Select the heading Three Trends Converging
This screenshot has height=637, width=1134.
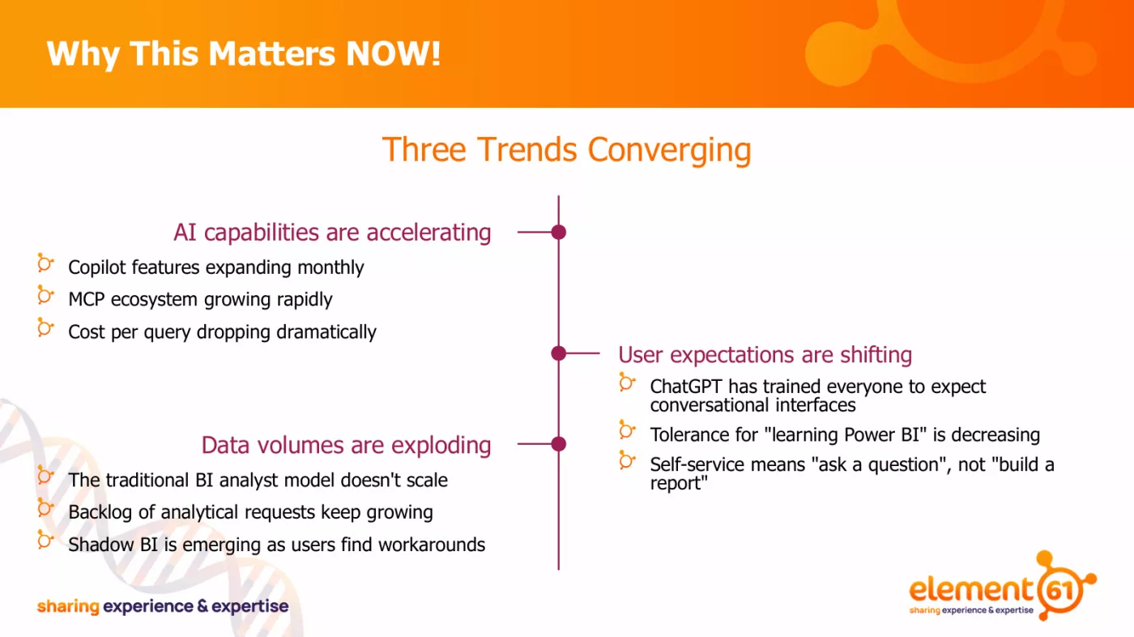(566, 151)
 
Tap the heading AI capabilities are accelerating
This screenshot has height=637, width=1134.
(332, 233)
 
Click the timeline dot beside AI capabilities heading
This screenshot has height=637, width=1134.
(558, 233)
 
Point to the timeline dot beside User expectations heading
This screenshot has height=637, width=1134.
(558, 353)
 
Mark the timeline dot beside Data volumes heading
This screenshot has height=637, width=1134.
(558, 444)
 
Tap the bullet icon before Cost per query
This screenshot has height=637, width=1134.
(45, 328)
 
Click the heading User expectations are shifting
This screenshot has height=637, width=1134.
(765, 355)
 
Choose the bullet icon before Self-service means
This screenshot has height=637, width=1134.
(627, 460)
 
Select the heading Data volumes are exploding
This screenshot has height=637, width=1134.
(346, 445)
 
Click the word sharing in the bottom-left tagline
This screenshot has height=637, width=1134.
(67, 606)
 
